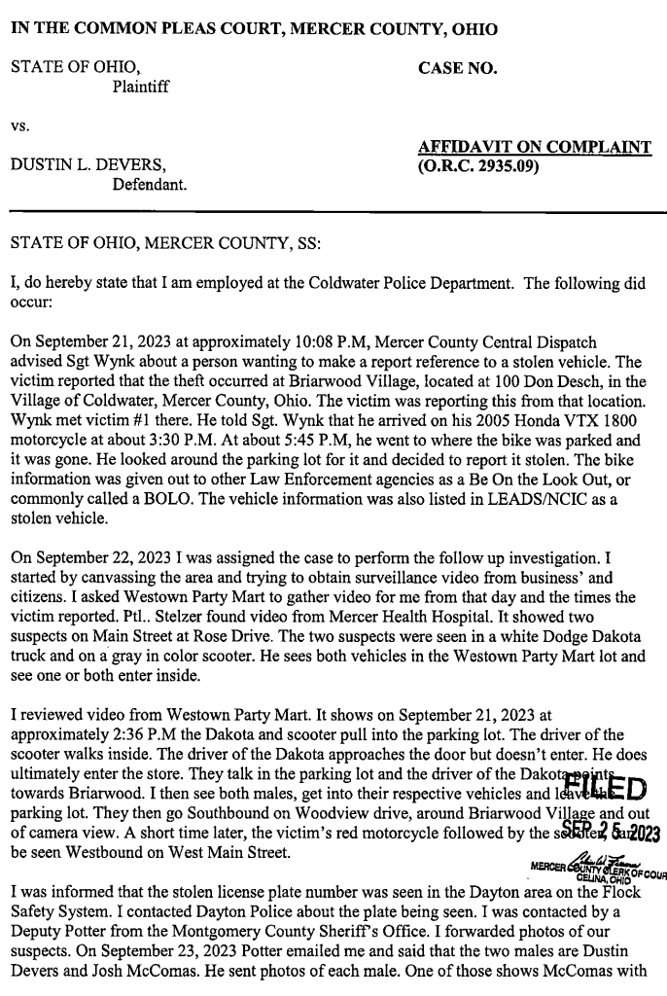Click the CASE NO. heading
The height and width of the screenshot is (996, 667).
pyautogui.click(x=457, y=68)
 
